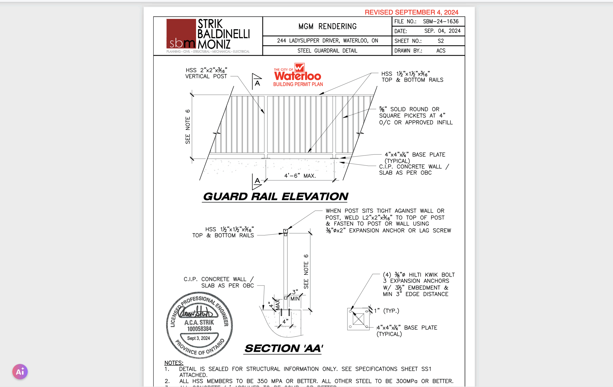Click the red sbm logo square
(x=181, y=34)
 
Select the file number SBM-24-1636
(x=441, y=22)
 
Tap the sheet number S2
(x=441, y=41)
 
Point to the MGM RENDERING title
(x=327, y=27)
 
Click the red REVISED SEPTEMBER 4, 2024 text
(x=411, y=12)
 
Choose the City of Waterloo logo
(x=298, y=74)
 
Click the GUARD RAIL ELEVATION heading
(x=275, y=197)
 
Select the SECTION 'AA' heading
(x=284, y=348)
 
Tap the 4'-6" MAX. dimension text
(x=300, y=176)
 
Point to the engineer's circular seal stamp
(x=199, y=325)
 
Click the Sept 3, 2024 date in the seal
(x=199, y=338)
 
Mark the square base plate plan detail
(x=358, y=319)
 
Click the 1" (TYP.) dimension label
(x=386, y=311)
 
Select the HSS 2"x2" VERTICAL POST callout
(x=206, y=73)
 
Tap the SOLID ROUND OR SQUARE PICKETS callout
(x=416, y=116)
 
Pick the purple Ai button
(x=20, y=371)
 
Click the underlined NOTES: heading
(x=174, y=363)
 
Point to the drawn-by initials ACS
(x=441, y=51)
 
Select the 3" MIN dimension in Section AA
(x=295, y=295)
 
